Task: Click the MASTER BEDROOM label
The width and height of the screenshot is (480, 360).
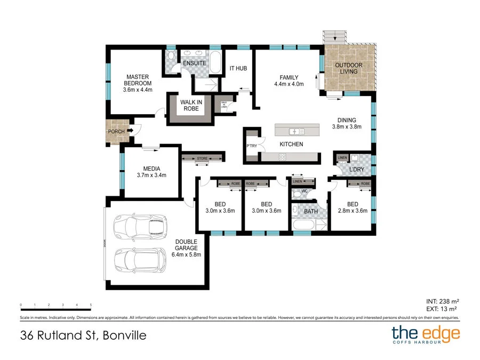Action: pos(138,80)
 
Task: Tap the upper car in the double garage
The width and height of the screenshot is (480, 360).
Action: pos(141,227)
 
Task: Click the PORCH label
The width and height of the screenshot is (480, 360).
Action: pos(116,132)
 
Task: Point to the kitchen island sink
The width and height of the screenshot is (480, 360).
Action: pos(294,131)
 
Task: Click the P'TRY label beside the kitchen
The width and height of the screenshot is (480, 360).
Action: pos(252,147)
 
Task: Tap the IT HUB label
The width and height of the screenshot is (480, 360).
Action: pos(238,68)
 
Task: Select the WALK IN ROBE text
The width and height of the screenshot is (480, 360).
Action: pos(191,105)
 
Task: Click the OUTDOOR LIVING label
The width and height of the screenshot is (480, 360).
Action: pos(348,69)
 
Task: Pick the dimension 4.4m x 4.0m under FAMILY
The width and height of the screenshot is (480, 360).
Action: pos(289,84)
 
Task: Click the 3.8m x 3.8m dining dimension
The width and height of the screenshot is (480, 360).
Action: pos(347,127)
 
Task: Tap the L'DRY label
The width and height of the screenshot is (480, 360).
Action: pos(357,170)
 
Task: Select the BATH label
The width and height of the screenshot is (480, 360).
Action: pos(310,211)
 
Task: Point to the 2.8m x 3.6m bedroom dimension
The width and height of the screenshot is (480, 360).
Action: pos(353,211)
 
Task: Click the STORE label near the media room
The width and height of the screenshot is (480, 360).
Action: pos(202,158)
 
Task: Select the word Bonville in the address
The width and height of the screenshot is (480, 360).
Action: pos(123,336)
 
